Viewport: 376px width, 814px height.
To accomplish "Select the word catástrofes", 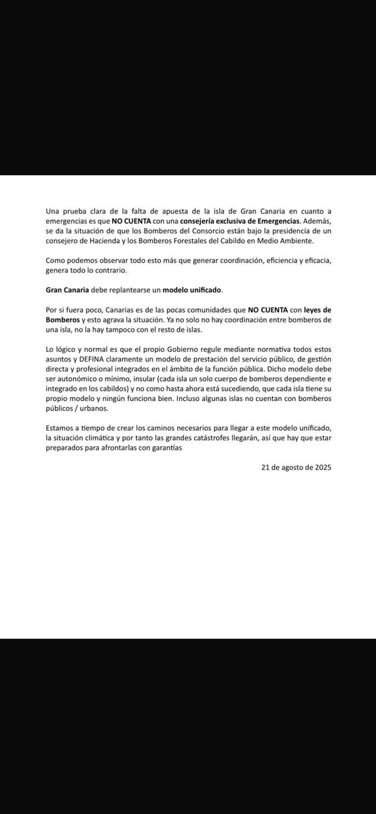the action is (x=213, y=438).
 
